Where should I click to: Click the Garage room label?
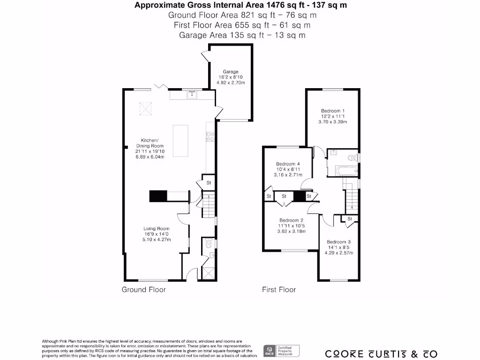click(231, 72)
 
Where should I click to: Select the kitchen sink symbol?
click(192, 96)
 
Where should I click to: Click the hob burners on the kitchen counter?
click(210, 136)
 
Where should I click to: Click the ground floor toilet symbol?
click(208, 244)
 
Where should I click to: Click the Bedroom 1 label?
click(333, 111)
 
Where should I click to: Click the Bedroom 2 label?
click(291, 220)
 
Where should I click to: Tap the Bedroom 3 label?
click(338, 242)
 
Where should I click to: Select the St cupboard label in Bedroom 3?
click(349, 219)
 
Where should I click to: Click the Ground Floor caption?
click(143, 290)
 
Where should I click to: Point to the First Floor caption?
click(278, 290)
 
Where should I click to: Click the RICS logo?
click(270, 350)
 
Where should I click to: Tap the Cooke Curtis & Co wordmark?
click(381, 353)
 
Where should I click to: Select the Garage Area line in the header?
click(242, 35)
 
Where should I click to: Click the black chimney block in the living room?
click(157, 195)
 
